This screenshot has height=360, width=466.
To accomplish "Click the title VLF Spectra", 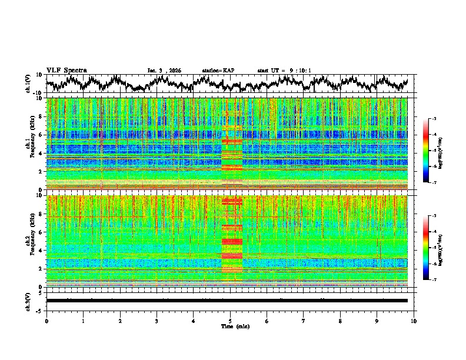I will coord(66,70).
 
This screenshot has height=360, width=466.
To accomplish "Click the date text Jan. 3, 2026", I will coord(164,71).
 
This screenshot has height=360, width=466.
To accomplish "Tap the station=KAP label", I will coord(218,71).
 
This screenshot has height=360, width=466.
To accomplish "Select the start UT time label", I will coord(284,71).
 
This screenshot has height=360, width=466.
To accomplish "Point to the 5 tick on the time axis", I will coord(230,321).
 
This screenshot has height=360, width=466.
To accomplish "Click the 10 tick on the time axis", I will coord(414,321).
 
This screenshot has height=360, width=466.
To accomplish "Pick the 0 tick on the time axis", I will coord(46,321).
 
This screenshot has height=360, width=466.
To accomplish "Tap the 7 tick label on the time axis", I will coord(304,321).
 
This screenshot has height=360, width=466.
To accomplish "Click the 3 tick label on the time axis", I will coord(157,321).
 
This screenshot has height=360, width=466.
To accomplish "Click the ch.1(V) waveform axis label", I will coord(29,84).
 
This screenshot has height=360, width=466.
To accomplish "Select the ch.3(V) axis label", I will coord(29,301).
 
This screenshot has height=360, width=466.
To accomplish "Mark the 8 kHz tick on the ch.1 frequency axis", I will coord(41,116).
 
